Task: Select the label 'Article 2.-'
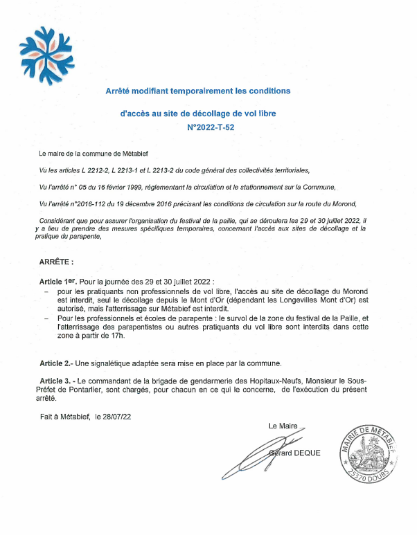coord(55,363)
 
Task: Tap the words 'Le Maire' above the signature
coord(283,426)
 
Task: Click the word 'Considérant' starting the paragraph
coord(58,219)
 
